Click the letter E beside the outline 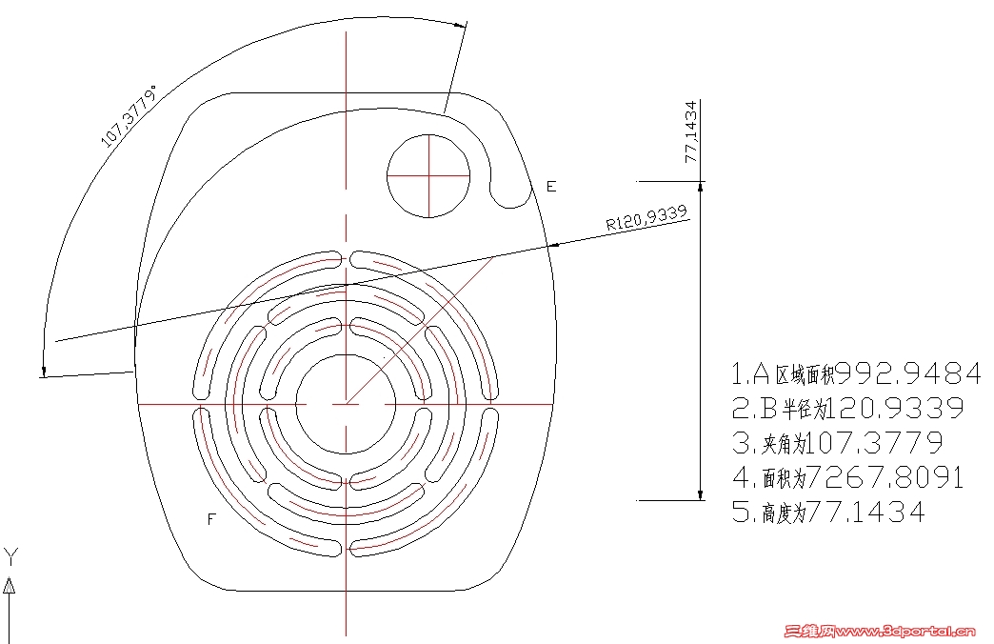pos(551,187)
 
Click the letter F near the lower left pos(211,519)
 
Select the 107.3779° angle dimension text pos(129,115)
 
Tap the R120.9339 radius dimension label pos(646,217)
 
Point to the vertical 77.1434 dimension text pos(691,132)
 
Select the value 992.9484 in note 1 pos(908,373)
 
